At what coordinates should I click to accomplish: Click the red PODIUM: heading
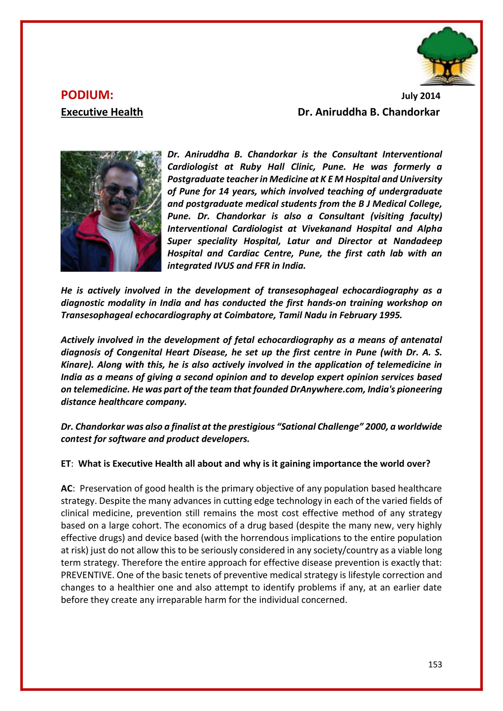87,95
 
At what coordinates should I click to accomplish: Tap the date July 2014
421,96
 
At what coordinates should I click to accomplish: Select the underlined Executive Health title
102,112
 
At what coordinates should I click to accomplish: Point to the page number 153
435,665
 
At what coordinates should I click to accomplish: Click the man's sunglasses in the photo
121,190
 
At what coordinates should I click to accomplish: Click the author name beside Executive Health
368,112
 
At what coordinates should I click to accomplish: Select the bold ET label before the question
66,464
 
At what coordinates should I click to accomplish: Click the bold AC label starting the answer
66,489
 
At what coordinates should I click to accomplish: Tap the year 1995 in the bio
390,315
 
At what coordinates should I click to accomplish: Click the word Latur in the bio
298,241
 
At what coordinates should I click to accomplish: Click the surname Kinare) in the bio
77,365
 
